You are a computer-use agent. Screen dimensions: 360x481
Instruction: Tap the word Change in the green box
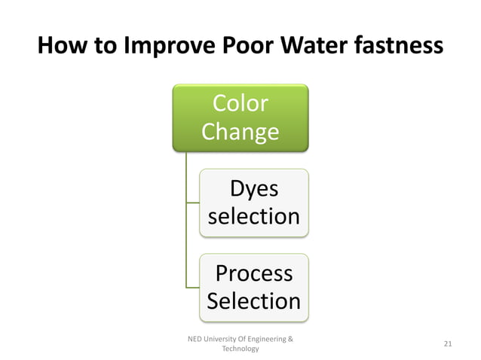point(240,132)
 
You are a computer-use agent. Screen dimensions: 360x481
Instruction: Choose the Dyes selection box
point(253,202)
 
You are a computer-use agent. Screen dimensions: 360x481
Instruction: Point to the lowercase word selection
point(253,217)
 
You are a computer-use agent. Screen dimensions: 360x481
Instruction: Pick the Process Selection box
point(253,287)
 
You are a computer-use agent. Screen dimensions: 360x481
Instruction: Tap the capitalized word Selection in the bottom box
point(253,301)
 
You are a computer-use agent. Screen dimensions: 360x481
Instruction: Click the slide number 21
point(448,344)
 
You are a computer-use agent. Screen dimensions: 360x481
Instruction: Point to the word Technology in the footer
point(240,349)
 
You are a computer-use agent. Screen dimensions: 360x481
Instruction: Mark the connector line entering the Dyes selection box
point(193,202)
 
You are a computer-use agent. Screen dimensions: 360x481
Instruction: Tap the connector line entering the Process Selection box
point(193,287)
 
